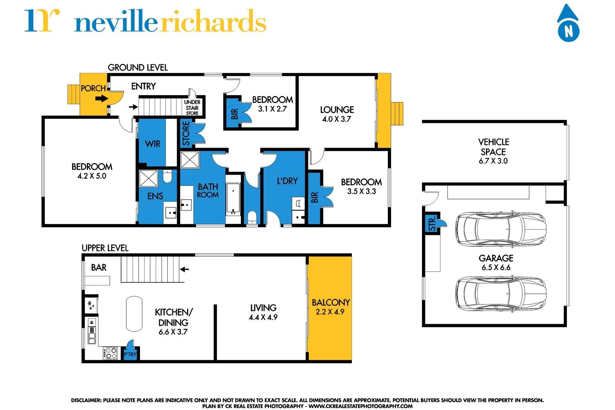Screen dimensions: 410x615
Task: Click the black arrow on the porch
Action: tap(101, 99)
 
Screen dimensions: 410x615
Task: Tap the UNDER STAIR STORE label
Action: tap(192, 107)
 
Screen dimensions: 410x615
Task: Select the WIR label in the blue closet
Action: tap(153, 144)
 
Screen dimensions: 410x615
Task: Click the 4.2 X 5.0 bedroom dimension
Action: tap(92, 176)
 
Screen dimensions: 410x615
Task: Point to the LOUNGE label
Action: tap(337, 110)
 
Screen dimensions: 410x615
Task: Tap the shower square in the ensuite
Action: tap(148, 178)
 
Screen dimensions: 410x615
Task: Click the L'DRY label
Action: tap(287, 181)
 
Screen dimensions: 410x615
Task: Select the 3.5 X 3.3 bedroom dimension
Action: tap(361, 191)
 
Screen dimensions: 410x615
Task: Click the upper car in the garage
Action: tap(501, 229)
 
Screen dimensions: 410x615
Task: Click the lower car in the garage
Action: tap(501, 294)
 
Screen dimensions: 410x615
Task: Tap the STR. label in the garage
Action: tap(432, 224)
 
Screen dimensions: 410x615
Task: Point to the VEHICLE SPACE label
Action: tap(493, 147)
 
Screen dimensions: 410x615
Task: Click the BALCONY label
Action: tap(330, 303)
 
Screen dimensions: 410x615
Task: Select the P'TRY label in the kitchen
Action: tap(130, 355)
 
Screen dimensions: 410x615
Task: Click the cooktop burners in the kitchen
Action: tap(111, 353)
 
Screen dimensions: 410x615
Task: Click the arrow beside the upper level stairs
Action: tap(184, 269)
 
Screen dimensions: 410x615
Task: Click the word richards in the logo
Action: tap(213, 22)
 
